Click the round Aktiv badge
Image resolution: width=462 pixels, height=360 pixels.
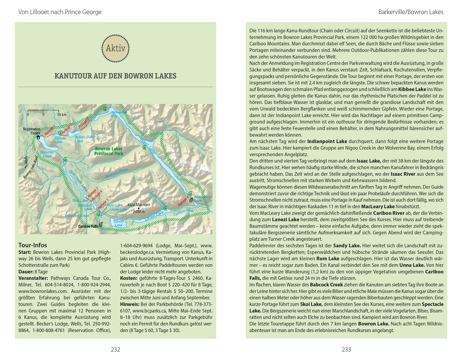[115, 48]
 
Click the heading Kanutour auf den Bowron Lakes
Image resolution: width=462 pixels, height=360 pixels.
[115, 76]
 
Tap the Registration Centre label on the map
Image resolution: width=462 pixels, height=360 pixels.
[32, 131]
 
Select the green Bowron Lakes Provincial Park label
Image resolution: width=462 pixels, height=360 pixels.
[109, 151]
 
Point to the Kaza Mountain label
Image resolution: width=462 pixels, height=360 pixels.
[139, 205]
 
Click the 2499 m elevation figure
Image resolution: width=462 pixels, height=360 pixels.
[139, 212]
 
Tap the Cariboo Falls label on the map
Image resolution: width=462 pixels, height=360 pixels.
[88, 226]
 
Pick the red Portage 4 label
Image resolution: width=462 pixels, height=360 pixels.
[183, 201]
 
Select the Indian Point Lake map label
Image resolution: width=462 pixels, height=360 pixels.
[85, 139]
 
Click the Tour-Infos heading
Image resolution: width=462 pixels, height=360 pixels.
[33, 245]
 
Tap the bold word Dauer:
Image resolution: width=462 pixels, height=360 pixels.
[26, 272]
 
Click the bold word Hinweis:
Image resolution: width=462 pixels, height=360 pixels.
[130, 304]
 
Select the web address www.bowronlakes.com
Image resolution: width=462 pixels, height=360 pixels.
[43, 291]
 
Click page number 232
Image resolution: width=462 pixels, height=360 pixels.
[115, 349]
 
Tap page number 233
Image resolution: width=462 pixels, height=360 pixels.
[346, 349]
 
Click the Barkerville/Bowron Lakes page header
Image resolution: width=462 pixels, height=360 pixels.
[411, 12]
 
